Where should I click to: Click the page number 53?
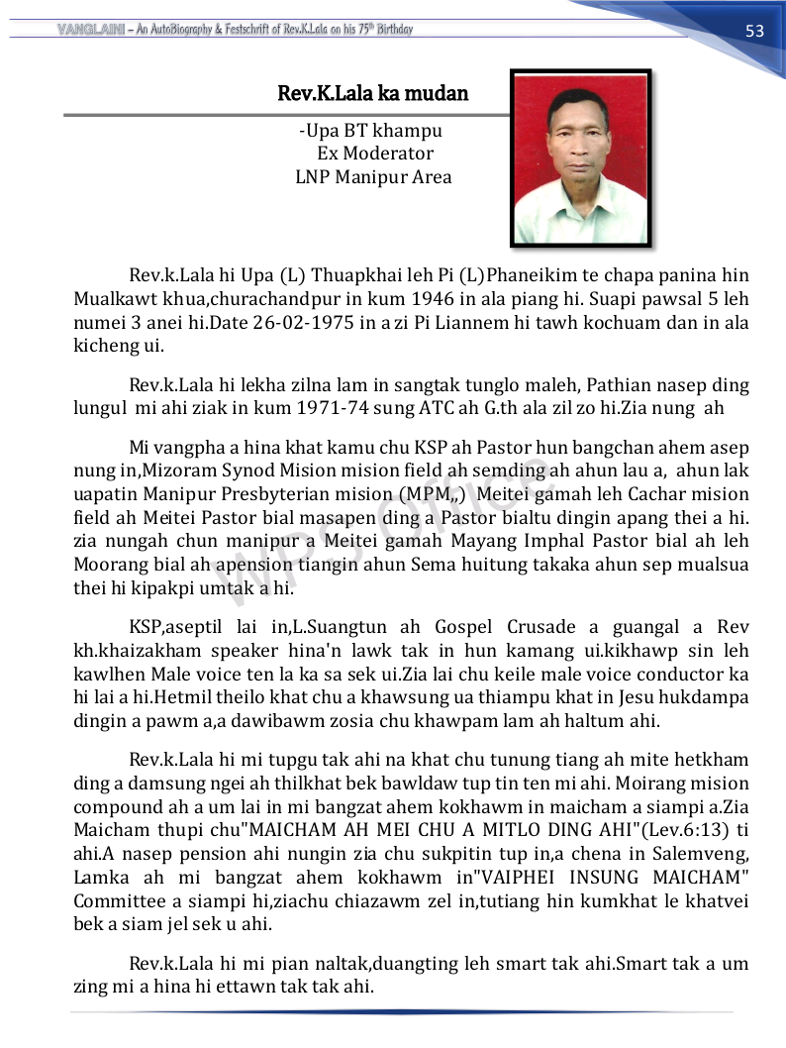[x=754, y=31]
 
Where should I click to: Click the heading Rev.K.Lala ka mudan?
[x=373, y=94]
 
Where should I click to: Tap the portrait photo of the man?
[x=580, y=157]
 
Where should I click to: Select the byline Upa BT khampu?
[x=370, y=131]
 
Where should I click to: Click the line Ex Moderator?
[x=375, y=154]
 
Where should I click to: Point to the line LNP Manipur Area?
[x=373, y=177]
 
